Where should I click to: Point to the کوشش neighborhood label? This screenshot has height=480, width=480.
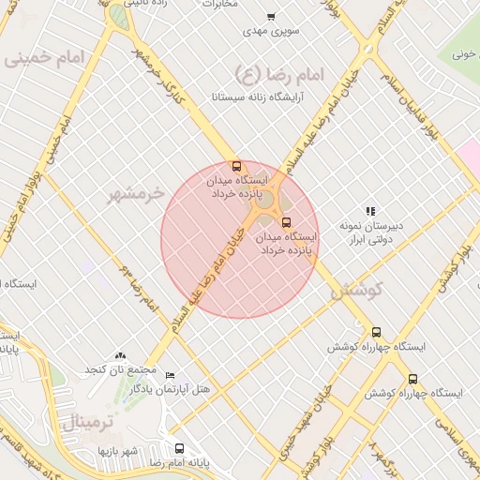click(x=357, y=291)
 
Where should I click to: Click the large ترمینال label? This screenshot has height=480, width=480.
click(x=87, y=422)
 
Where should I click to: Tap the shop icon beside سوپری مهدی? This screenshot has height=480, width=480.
click(x=271, y=17)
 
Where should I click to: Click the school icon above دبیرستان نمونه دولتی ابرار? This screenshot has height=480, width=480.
click(x=370, y=212)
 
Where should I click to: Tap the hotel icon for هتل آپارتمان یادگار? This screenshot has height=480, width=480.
click(x=170, y=375)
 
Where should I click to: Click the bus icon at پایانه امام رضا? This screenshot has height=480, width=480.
click(x=179, y=448)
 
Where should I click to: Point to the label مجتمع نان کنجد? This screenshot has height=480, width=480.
click(x=119, y=369)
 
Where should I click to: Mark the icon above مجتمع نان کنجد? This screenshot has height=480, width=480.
click(x=119, y=355)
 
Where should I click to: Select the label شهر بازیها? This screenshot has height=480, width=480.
click(x=118, y=452)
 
